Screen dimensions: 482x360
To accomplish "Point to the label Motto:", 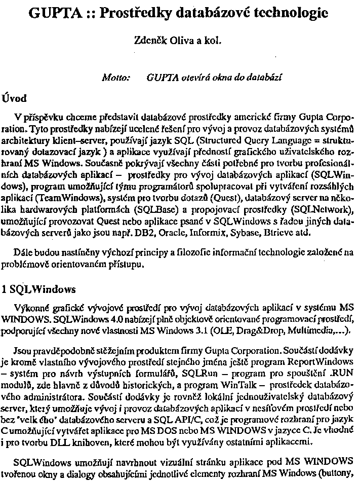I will (116, 78).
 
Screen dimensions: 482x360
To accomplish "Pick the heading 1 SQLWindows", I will (39, 289).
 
